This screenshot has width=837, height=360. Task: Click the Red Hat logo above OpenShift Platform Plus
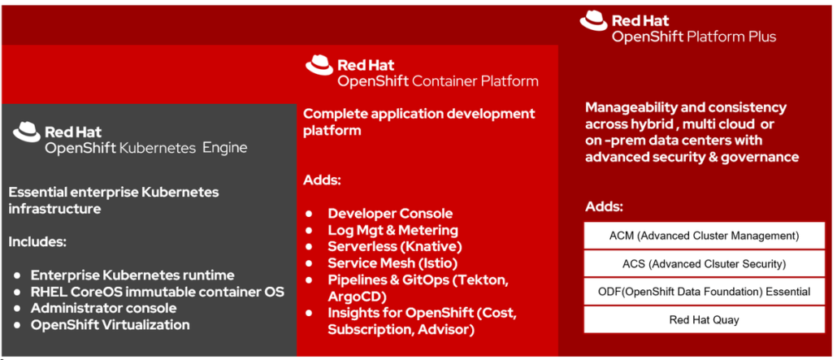coord(592,21)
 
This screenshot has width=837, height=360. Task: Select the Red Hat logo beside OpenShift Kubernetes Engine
coord(26,132)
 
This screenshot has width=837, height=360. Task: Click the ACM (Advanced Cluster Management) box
coord(693,236)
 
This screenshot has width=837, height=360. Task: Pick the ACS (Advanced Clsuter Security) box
coord(693,263)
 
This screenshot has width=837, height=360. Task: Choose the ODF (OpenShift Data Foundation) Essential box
coord(693,292)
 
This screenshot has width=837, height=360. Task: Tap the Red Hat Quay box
coord(693,319)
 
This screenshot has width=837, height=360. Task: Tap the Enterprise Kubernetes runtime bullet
coord(132,275)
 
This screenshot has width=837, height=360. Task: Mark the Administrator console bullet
coord(103,308)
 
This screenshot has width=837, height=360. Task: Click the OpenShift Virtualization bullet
coord(110,325)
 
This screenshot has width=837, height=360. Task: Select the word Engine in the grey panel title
coord(224,148)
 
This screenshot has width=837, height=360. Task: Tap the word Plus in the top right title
coord(761,37)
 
